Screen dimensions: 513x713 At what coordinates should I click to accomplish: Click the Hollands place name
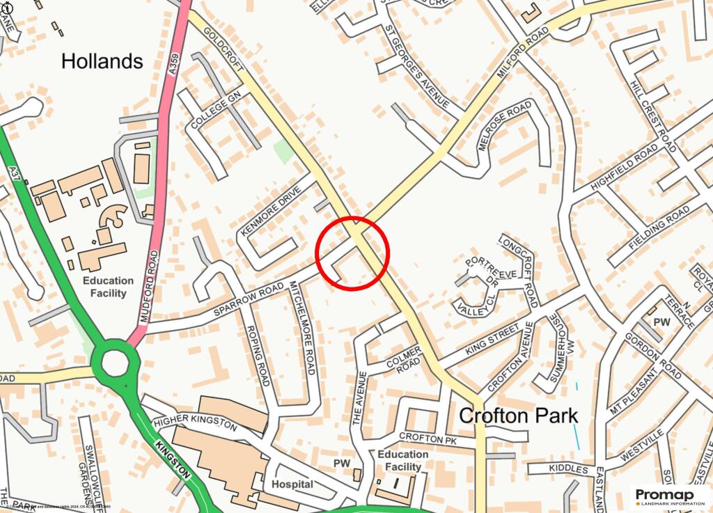pos(102,61)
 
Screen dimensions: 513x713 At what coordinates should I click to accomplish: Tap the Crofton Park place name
pos(518,416)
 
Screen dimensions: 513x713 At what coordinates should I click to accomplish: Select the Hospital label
pos(292,484)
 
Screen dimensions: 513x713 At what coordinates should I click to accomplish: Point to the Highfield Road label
pos(624,168)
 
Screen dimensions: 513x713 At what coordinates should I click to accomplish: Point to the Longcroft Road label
pos(518,269)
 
